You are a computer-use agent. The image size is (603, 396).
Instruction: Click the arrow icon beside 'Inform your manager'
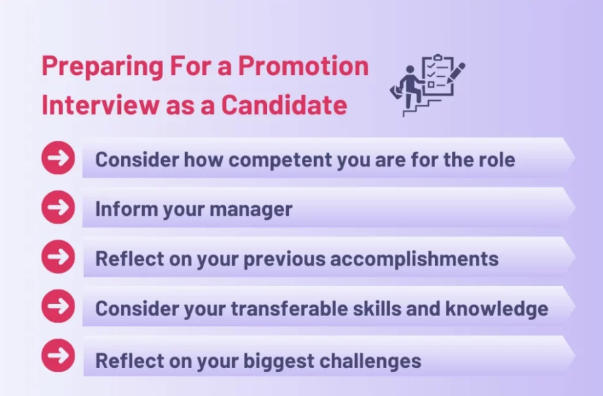(58, 208)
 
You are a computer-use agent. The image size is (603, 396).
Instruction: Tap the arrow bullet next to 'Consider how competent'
(58, 158)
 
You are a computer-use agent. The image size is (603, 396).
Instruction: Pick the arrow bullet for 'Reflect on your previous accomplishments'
(58, 257)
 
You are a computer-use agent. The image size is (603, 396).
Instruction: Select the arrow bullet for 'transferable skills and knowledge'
(58, 307)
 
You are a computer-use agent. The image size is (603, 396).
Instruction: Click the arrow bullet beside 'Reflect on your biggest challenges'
(58, 356)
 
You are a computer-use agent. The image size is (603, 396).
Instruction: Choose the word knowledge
(496, 309)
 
